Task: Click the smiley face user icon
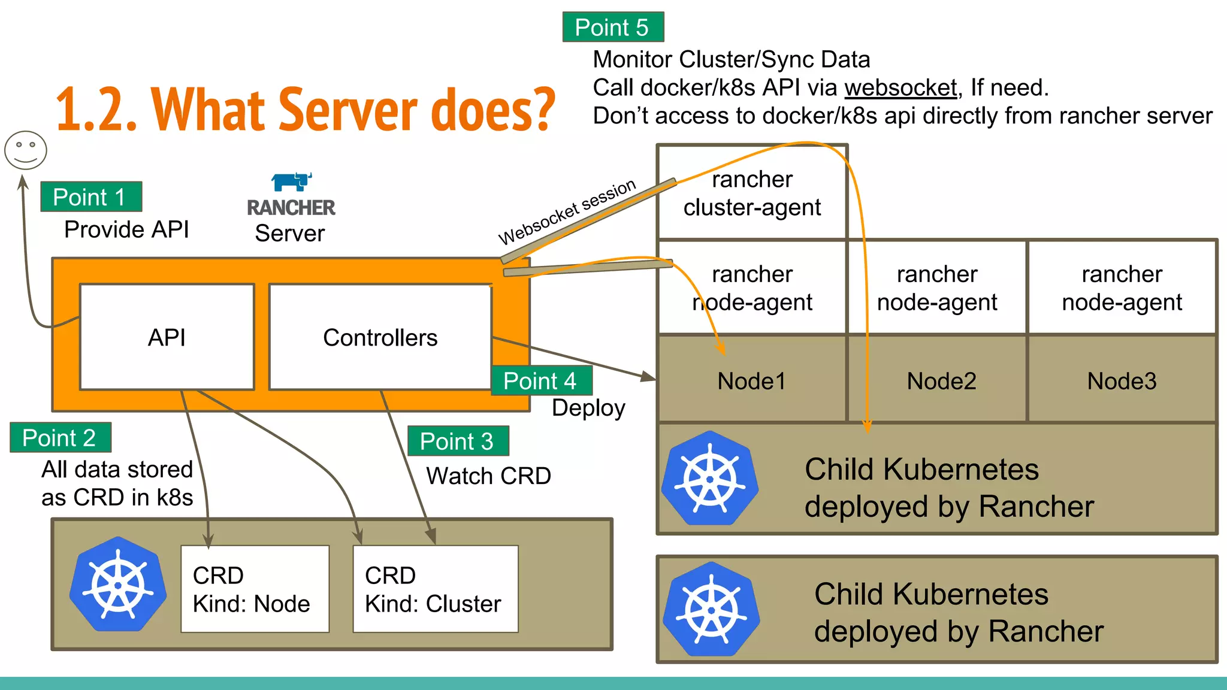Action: [26, 150]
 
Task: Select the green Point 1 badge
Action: [91, 197]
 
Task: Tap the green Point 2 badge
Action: [61, 438]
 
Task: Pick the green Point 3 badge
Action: [458, 441]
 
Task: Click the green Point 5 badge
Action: [613, 28]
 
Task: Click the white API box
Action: [167, 337]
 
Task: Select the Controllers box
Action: [380, 337]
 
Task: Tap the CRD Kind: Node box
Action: [255, 589]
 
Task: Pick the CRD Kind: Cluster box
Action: [436, 589]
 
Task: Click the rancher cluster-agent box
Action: [752, 193]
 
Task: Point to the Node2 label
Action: [941, 381]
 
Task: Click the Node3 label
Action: [1122, 381]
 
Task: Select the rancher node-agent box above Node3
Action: [1122, 287]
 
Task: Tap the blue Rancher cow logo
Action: [291, 181]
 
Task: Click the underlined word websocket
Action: [900, 88]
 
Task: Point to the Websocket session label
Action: [567, 211]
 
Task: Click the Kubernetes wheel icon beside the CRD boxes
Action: [118, 584]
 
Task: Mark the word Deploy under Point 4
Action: [588, 408]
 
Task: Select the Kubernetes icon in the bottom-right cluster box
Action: [711, 609]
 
